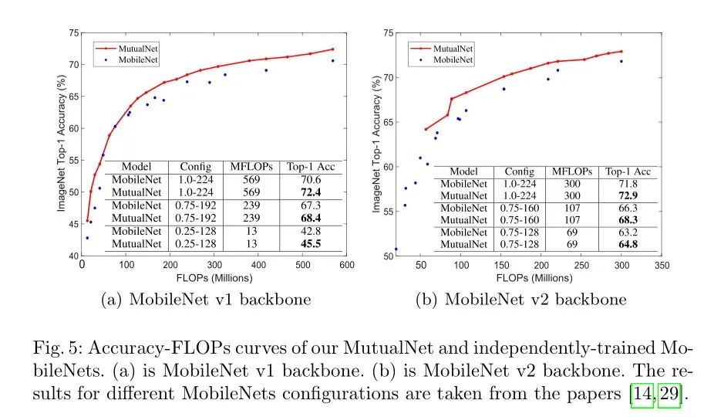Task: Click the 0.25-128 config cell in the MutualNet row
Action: (195, 244)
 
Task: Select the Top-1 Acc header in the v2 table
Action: (628, 171)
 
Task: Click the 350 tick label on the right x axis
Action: (661, 265)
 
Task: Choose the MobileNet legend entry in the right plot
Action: (453, 59)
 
